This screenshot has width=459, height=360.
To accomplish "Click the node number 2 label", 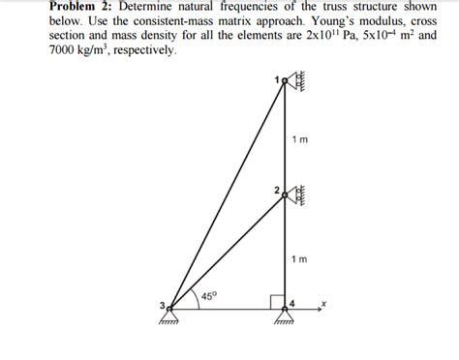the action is coord(276,188).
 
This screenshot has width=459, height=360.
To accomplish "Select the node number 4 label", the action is coord(291,304).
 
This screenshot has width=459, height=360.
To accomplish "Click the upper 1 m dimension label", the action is coord(299,141).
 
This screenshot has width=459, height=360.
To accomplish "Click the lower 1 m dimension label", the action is coord(299,259).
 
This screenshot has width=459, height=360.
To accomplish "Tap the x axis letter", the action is coord(325,303).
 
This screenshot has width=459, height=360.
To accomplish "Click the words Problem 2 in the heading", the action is coord(82,8).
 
